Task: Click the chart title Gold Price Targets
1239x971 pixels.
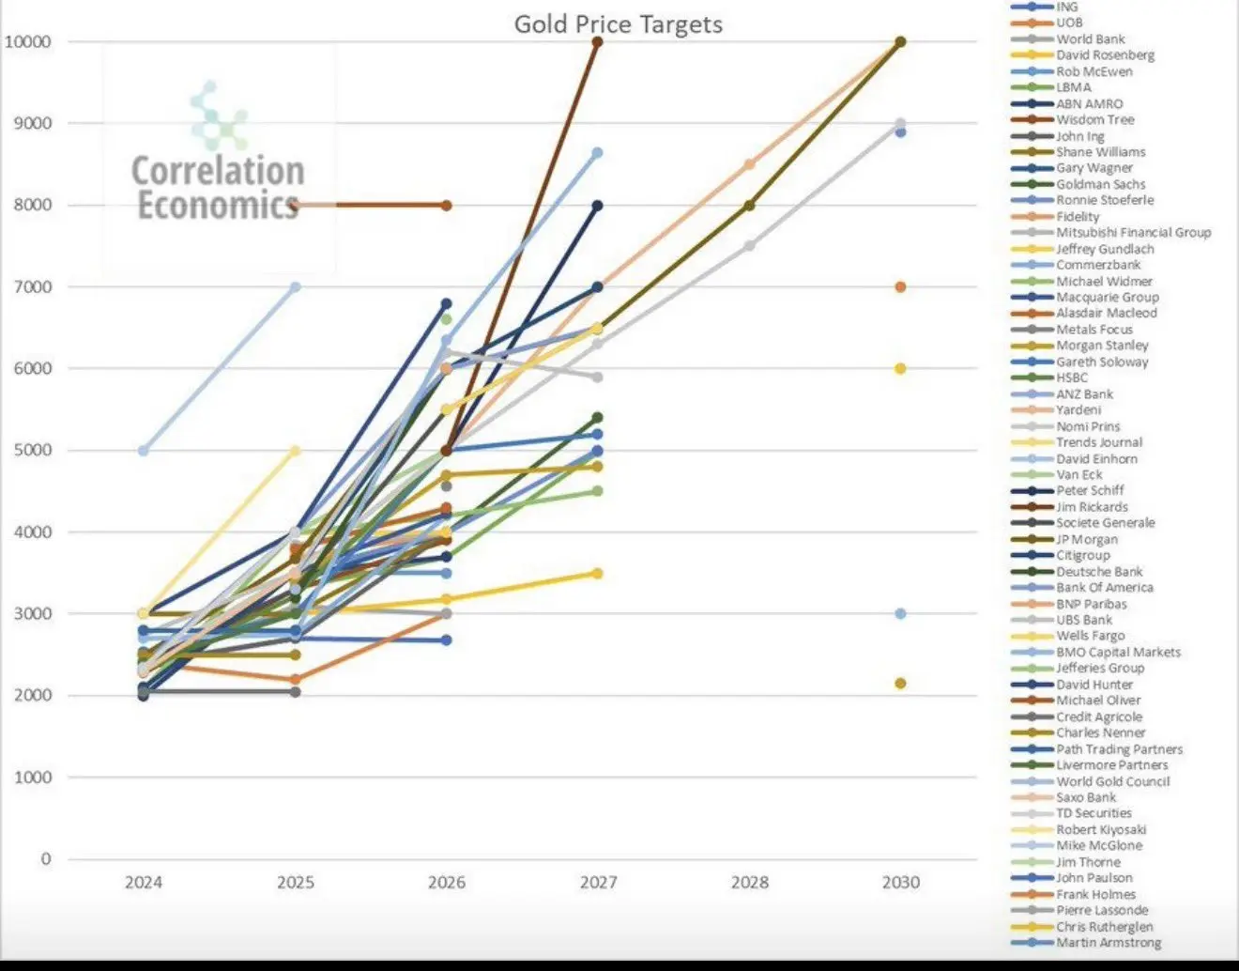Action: pos(618,24)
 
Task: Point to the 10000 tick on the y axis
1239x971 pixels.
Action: pos(27,41)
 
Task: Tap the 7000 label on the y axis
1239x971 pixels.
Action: pos(31,286)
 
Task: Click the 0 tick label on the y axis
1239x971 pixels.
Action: pos(45,858)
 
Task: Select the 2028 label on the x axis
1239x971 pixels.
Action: pos(749,882)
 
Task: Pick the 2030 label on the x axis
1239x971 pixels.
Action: pos(901,882)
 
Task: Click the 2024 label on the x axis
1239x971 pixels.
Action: pos(144,882)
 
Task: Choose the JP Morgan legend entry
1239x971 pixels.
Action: pos(1087,539)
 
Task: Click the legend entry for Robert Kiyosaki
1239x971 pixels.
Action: pos(1101,829)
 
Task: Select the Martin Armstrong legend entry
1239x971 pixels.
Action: pos(1109,942)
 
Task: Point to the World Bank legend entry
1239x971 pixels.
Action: pos(1090,39)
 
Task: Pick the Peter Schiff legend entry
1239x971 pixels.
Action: pos(1090,490)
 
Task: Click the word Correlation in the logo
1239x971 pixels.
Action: pos(218,171)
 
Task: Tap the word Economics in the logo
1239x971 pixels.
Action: pos(218,205)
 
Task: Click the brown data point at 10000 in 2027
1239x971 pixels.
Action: pos(598,42)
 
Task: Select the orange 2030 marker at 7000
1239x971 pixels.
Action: pos(900,286)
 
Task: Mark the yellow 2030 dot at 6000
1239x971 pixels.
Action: pos(900,369)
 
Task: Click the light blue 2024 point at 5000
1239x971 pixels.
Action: pos(144,451)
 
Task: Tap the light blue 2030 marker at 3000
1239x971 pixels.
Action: pos(900,613)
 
